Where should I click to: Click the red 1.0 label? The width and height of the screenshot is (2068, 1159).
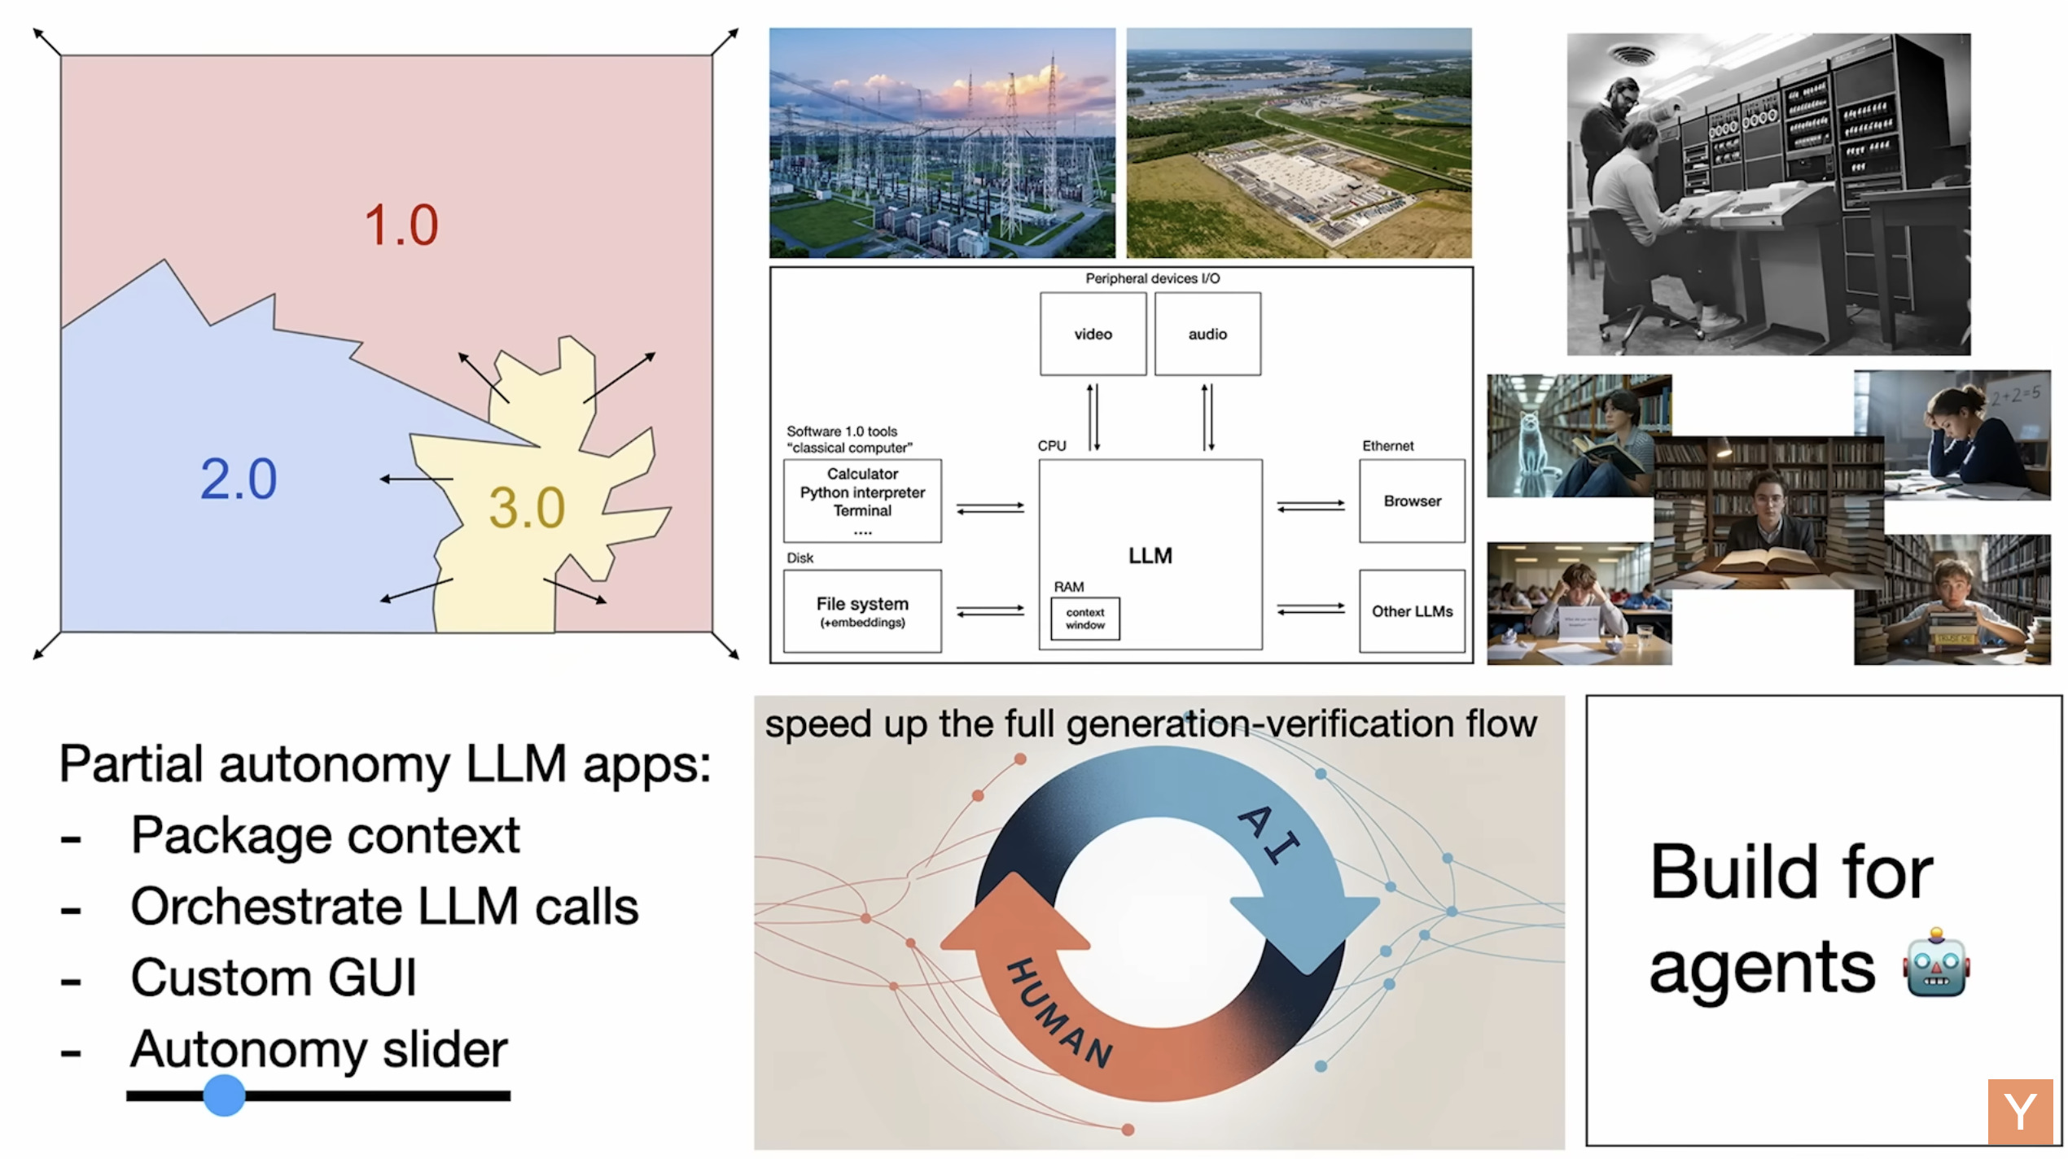(x=401, y=225)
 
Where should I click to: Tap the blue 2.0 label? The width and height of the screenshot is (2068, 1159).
(x=239, y=479)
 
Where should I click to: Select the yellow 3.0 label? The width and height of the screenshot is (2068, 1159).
(x=527, y=509)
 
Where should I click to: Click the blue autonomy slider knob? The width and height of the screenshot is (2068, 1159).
(x=224, y=1095)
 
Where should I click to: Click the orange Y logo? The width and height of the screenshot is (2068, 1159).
(x=2019, y=1111)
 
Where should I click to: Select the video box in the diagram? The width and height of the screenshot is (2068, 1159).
(x=1093, y=334)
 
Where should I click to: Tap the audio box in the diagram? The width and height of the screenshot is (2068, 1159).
(x=1207, y=334)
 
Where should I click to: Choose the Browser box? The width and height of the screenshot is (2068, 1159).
(x=1412, y=501)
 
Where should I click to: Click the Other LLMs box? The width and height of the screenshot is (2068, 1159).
(x=1412, y=611)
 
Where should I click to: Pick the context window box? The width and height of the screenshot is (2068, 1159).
(x=1084, y=619)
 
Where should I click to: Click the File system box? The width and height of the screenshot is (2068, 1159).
(x=862, y=611)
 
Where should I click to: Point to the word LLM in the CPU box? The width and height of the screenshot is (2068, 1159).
(x=1150, y=556)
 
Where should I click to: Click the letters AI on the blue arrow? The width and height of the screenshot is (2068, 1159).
(x=1268, y=834)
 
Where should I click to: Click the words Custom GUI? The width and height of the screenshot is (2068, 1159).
(x=274, y=977)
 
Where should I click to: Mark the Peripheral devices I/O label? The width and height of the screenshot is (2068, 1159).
(x=1152, y=278)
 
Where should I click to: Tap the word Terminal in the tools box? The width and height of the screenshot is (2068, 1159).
(x=862, y=511)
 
